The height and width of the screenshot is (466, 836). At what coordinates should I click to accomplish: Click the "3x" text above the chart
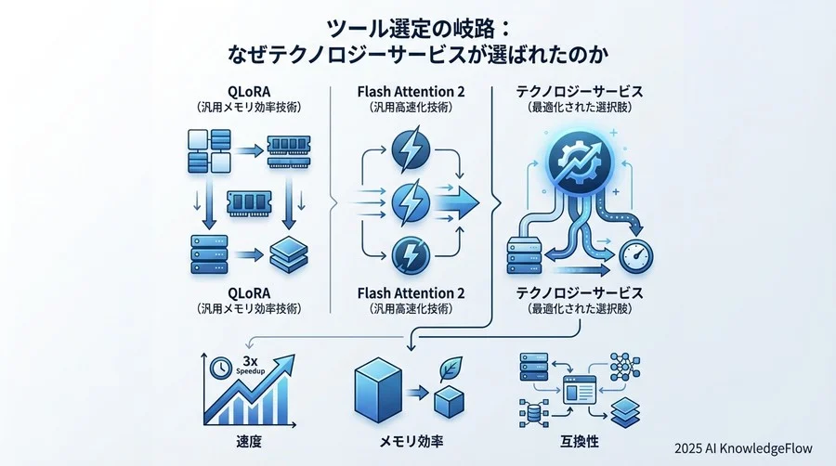[x=248, y=360]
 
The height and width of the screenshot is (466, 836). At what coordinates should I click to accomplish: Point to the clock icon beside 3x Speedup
[x=221, y=366]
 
